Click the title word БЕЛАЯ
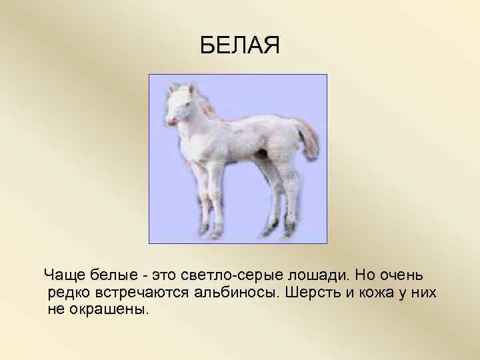tap(241, 46)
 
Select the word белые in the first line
tap(112, 275)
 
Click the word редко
tap(69, 293)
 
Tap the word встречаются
tap(142, 293)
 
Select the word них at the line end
tap(421, 293)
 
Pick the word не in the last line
tap(57, 311)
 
